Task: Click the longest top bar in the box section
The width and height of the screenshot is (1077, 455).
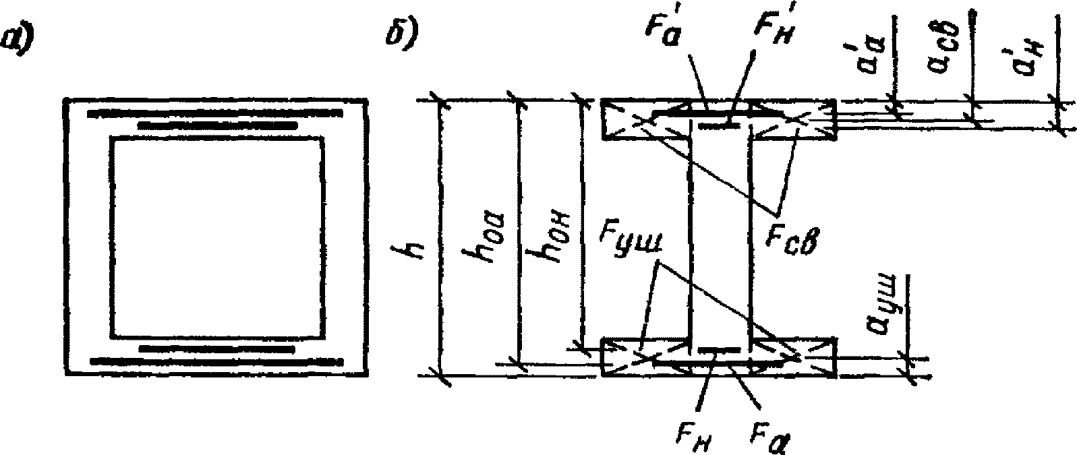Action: tap(216, 113)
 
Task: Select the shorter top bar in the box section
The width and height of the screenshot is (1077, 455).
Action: tap(217, 125)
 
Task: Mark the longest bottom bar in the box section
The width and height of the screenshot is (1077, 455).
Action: tap(216, 362)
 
